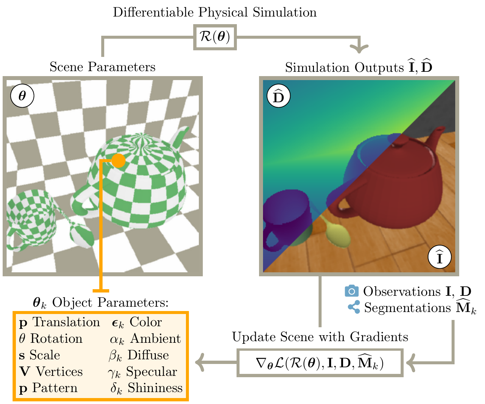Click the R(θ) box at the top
pyautogui.click(x=215, y=37)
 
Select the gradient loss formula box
pyautogui.click(x=320, y=363)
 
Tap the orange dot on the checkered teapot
pyautogui.click(x=118, y=160)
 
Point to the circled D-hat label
pyautogui.click(x=278, y=97)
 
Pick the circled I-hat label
pyautogui.click(x=439, y=258)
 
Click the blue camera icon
pyautogui.click(x=351, y=291)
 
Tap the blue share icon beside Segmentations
pyautogui.click(x=354, y=307)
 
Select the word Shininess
pyautogui.click(x=155, y=388)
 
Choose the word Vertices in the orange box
pyautogui.click(x=59, y=372)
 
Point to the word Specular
pyautogui.click(x=152, y=372)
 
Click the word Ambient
pyautogui.click(x=155, y=338)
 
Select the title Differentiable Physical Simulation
pyautogui.click(x=215, y=13)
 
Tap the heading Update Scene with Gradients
pyautogui.click(x=320, y=337)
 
